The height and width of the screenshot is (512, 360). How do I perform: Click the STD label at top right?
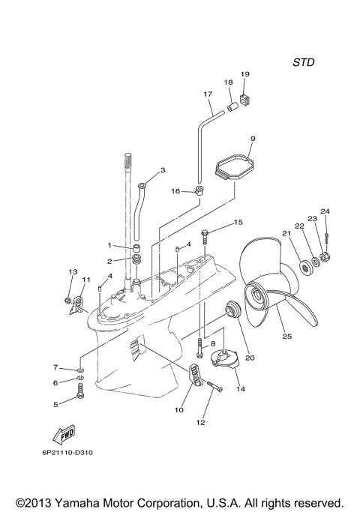pos(303,61)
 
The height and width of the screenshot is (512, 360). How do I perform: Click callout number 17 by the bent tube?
pos(208,94)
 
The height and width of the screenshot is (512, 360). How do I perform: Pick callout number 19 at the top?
pos(244,74)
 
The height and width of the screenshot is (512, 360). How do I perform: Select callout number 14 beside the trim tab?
pos(240,389)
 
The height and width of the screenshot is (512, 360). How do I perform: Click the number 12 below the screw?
pos(200,422)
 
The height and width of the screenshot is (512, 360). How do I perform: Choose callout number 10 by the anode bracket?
pos(179,410)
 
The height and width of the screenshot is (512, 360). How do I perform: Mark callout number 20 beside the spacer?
pos(250,358)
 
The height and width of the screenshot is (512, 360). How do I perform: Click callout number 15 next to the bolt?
pos(238,223)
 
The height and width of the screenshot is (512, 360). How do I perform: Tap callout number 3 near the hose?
pos(162,171)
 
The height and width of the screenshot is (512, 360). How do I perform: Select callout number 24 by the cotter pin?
pos(325,211)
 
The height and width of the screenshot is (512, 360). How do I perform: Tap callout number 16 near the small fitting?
pos(175,192)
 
